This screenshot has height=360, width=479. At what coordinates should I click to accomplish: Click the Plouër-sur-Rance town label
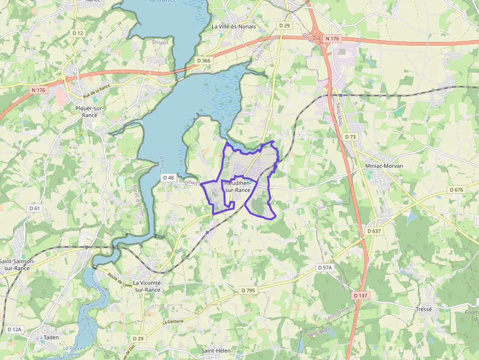point(86,111)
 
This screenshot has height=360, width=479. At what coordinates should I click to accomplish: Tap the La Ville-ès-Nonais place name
point(234,26)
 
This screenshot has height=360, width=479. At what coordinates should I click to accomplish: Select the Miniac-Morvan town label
point(384,166)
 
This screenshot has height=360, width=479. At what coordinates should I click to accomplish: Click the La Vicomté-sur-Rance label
point(147,286)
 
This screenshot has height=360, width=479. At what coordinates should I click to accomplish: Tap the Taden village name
point(51,337)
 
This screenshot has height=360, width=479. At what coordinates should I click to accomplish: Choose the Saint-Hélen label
point(216,351)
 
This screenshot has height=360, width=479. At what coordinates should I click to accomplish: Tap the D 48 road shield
point(169,178)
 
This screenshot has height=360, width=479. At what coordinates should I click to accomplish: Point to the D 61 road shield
point(34,208)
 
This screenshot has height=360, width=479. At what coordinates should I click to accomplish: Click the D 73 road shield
point(350,137)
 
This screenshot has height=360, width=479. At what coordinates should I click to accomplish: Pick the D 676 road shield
point(456,190)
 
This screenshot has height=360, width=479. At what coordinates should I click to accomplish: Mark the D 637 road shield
point(373,231)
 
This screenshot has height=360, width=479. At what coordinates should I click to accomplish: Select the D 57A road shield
point(325,268)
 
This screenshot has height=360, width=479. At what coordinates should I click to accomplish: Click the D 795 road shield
point(248,290)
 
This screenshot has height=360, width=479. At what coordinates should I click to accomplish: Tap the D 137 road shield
point(360,296)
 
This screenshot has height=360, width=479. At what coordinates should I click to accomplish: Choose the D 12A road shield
point(15,330)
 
